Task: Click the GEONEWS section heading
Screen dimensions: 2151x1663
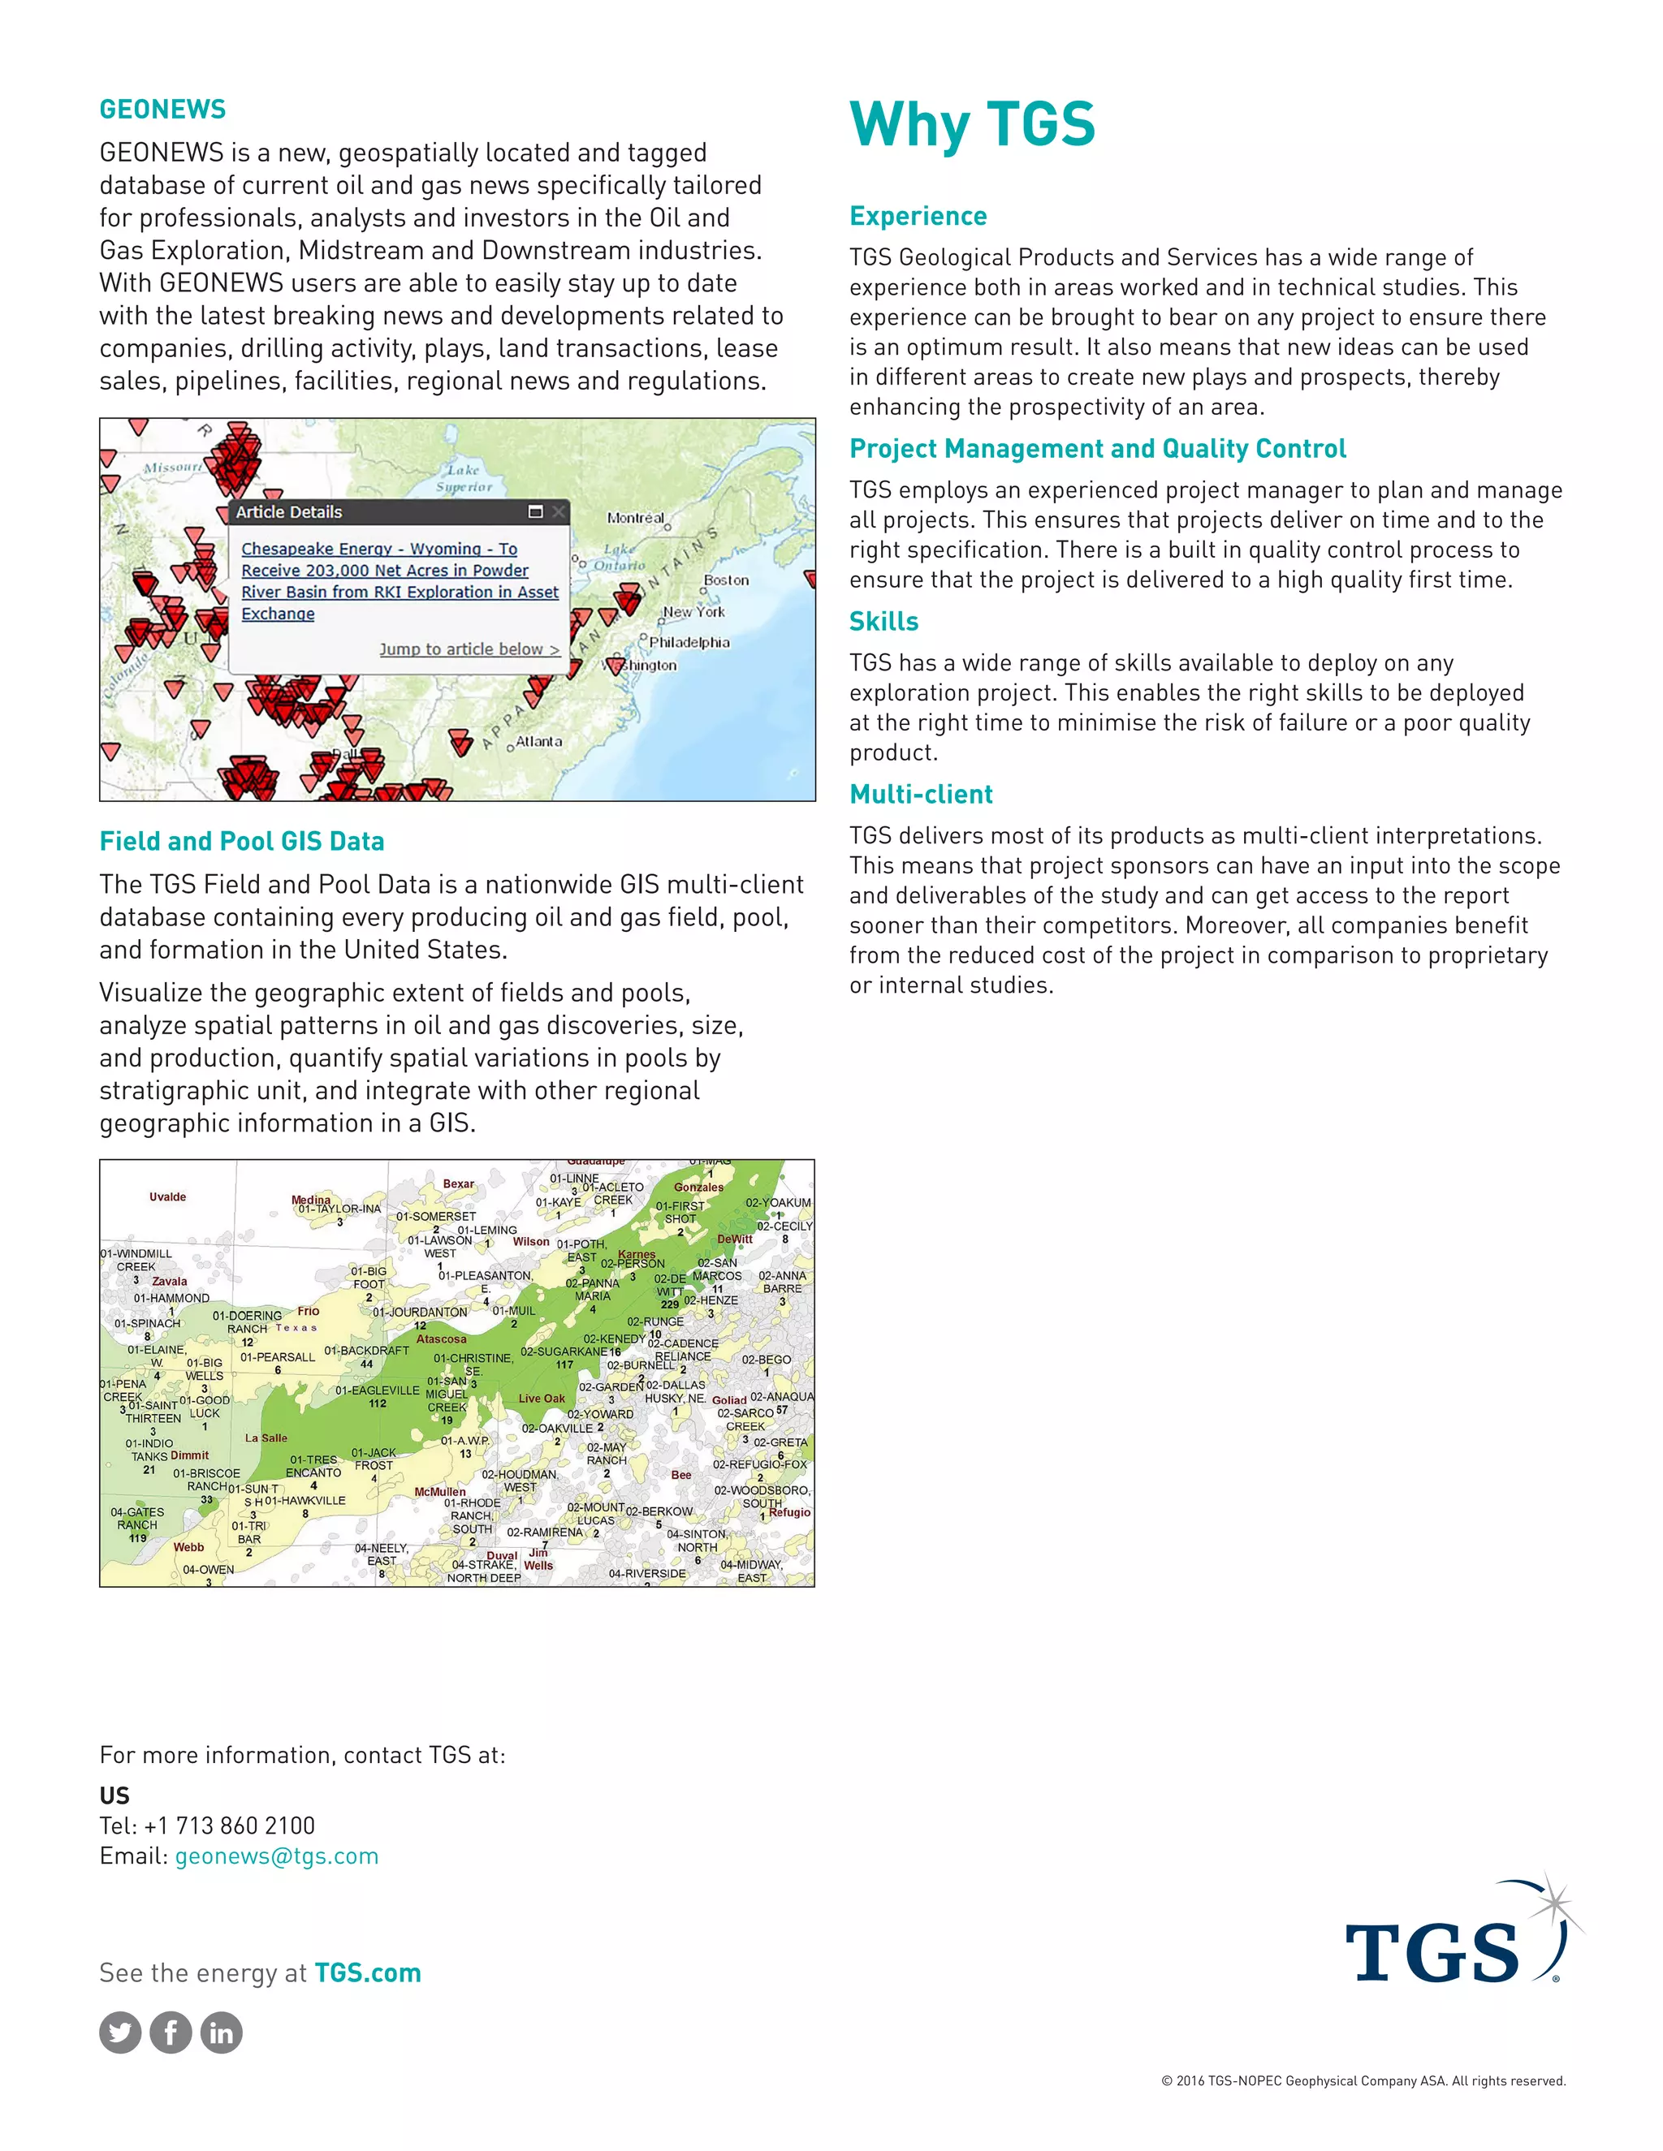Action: coord(162,110)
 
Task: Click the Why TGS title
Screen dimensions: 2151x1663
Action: coord(971,125)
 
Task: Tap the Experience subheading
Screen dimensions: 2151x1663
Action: coord(918,216)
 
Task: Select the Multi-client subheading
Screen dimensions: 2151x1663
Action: coord(920,794)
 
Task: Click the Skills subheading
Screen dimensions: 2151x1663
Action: coord(883,622)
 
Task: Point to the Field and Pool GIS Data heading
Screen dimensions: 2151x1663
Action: coord(241,841)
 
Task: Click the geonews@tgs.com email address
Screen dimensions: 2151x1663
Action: coord(276,1856)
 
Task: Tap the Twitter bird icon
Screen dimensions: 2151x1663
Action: coord(120,2032)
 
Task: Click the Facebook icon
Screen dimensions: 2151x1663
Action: coord(171,2032)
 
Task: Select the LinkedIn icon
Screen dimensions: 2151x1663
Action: coord(222,2032)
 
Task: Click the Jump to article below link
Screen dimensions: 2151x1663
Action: coord(469,649)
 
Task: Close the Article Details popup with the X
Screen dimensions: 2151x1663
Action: coord(559,511)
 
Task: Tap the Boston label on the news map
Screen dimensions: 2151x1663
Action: coord(726,580)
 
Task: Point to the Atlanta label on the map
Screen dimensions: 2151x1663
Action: coord(539,742)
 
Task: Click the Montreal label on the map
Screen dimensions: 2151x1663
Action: coord(636,518)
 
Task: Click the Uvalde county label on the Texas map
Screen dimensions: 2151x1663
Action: coord(167,1196)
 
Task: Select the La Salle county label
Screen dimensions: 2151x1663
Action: coord(266,1438)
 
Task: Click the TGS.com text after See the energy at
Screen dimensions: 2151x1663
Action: coord(368,1972)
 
